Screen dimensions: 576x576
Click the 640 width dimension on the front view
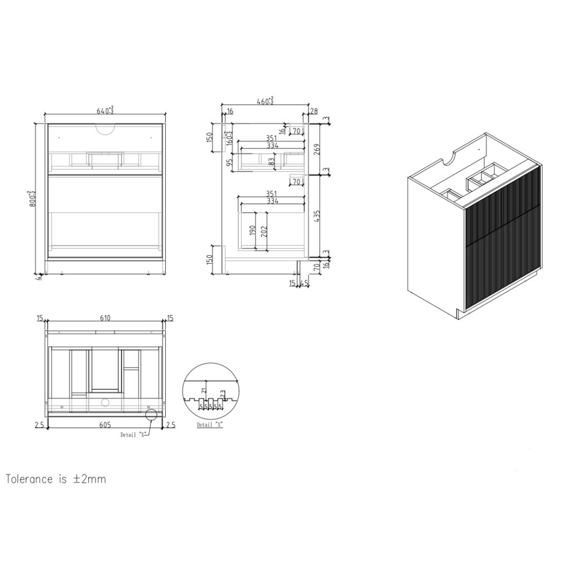[x=104, y=111]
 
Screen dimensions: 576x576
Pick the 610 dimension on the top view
[x=105, y=317]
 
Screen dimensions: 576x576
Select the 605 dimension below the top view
[x=105, y=424]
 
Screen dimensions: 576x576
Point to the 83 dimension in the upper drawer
[x=272, y=163]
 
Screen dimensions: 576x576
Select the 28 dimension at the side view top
[x=314, y=111]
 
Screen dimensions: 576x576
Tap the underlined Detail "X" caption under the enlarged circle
[x=209, y=424]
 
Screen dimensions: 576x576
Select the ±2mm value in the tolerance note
[x=91, y=479]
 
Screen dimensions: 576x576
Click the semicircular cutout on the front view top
[x=104, y=129]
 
